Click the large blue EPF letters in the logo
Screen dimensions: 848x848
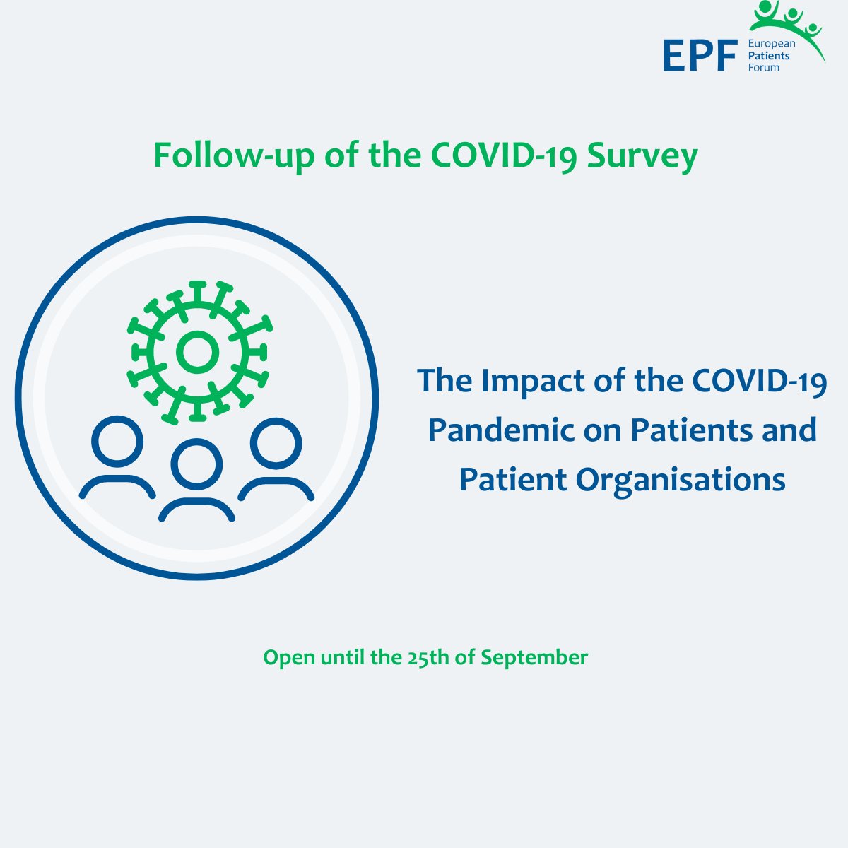point(699,56)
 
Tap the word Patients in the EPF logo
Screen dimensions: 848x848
point(769,55)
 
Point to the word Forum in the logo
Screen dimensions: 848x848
point(763,67)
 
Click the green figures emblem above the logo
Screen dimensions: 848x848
point(788,21)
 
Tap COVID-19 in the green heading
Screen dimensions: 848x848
point(505,156)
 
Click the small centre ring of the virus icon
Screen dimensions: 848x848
point(197,352)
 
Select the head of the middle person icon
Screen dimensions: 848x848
point(197,464)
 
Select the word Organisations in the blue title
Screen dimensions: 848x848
point(681,480)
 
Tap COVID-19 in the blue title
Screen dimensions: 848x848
point(760,382)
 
